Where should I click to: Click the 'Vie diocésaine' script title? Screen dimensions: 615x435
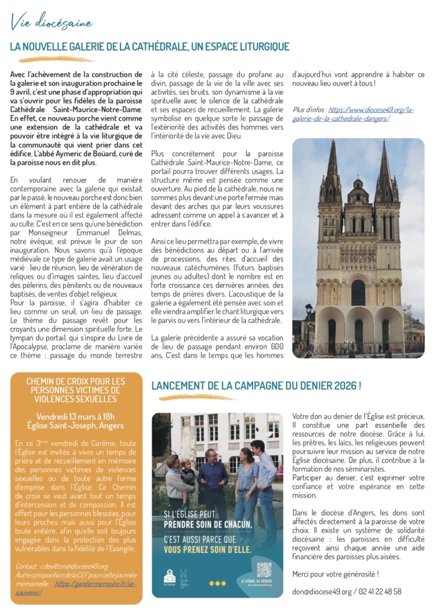(51, 23)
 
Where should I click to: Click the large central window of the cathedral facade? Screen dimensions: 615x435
(358, 292)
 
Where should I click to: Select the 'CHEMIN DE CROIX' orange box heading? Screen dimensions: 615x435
(76, 389)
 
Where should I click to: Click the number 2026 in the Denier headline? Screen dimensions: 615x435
(340, 386)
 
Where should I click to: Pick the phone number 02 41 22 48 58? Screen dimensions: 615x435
(377, 591)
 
